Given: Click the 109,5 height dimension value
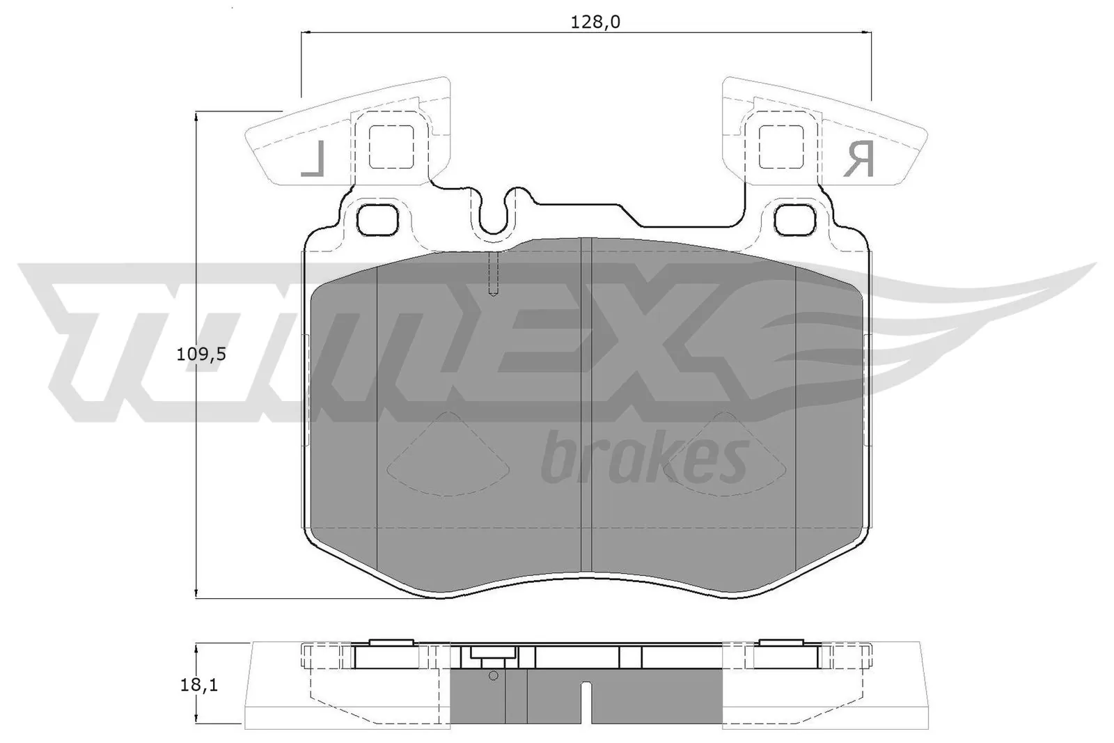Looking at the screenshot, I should point(201,354).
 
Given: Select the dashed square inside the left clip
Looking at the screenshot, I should point(391,147).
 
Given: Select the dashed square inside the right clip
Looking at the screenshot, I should point(780,147).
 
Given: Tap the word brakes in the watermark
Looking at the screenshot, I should point(644,459).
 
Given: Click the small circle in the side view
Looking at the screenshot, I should point(493,675).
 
